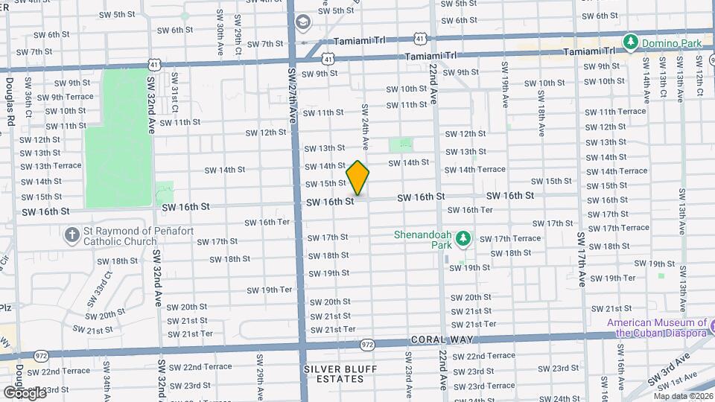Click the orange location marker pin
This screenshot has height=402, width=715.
(358, 179)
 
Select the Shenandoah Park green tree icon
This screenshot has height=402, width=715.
(463, 237)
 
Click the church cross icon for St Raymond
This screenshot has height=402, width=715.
(71, 236)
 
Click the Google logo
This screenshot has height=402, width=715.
(25, 392)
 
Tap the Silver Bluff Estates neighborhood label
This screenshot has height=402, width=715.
(340, 374)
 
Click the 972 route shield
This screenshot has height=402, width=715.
(367, 345)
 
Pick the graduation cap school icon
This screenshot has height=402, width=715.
(303, 22)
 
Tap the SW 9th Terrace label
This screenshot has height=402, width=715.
(65, 97)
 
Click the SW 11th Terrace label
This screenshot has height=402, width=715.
(615, 112)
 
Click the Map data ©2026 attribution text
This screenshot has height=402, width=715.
(681, 396)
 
